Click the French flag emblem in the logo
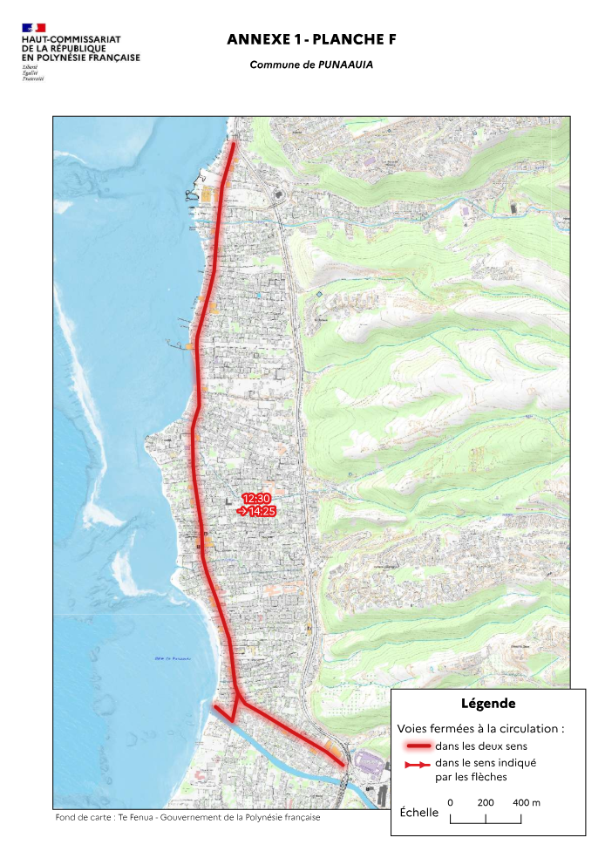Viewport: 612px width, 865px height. pyautogui.click(x=34, y=29)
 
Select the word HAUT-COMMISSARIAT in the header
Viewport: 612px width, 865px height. pyautogui.click(x=71, y=40)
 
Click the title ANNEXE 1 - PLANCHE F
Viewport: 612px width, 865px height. pyautogui.click(x=305, y=40)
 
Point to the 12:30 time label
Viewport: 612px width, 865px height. pyautogui.click(x=257, y=498)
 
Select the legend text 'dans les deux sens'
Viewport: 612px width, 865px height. pyautogui.click(x=480, y=746)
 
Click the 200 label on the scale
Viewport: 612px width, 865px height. pyautogui.click(x=486, y=802)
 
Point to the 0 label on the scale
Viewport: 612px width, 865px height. pyautogui.click(x=450, y=802)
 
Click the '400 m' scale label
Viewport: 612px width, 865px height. pyautogui.click(x=527, y=802)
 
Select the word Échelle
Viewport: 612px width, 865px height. pyautogui.click(x=418, y=813)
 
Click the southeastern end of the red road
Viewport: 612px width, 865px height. pyautogui.click(x=343, y=766)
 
